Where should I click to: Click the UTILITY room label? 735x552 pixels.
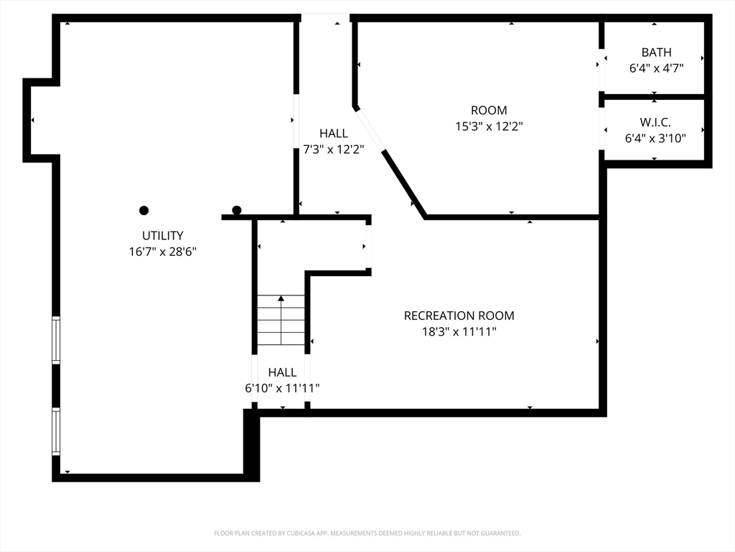click(163, 235)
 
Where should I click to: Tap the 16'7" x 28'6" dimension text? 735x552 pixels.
click(163, 252)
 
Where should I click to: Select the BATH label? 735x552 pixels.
click(656, 52)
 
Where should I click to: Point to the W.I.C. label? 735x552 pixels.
click(655, 122)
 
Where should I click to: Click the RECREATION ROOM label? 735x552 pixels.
click(459, 316)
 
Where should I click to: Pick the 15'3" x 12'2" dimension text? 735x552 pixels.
click(489, 126)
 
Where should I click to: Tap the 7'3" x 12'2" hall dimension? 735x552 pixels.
click(333, 149)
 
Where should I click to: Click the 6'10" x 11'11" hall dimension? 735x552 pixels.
click(282, 388)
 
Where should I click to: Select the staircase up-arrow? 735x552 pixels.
click(281, 320)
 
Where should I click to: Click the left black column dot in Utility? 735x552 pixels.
click(144, 211)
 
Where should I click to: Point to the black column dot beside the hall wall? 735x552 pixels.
click(237, 210)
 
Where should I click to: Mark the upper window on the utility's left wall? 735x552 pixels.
click(56, 340)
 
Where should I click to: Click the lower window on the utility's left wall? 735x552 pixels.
click(56, 432)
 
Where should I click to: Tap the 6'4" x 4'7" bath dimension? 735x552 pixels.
click(656, 68)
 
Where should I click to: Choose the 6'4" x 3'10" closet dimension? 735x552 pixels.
click(655, 139)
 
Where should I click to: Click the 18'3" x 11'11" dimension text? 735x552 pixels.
click(459, 332)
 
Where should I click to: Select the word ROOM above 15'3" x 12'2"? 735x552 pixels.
click(489, 110)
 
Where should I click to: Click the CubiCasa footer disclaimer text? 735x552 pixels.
click(367, 533)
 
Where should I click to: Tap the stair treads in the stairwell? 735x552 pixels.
click(281, 320)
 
